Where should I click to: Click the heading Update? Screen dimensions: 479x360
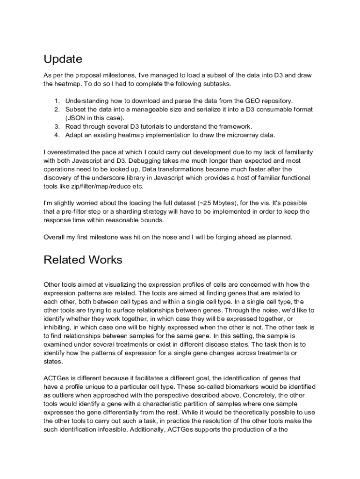click(x=63, y=59)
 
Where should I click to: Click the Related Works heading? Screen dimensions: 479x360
click(x=83, y=260)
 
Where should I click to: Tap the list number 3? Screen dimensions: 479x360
click(x=57, y=126)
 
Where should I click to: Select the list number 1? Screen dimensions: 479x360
click(x=57, y=101)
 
